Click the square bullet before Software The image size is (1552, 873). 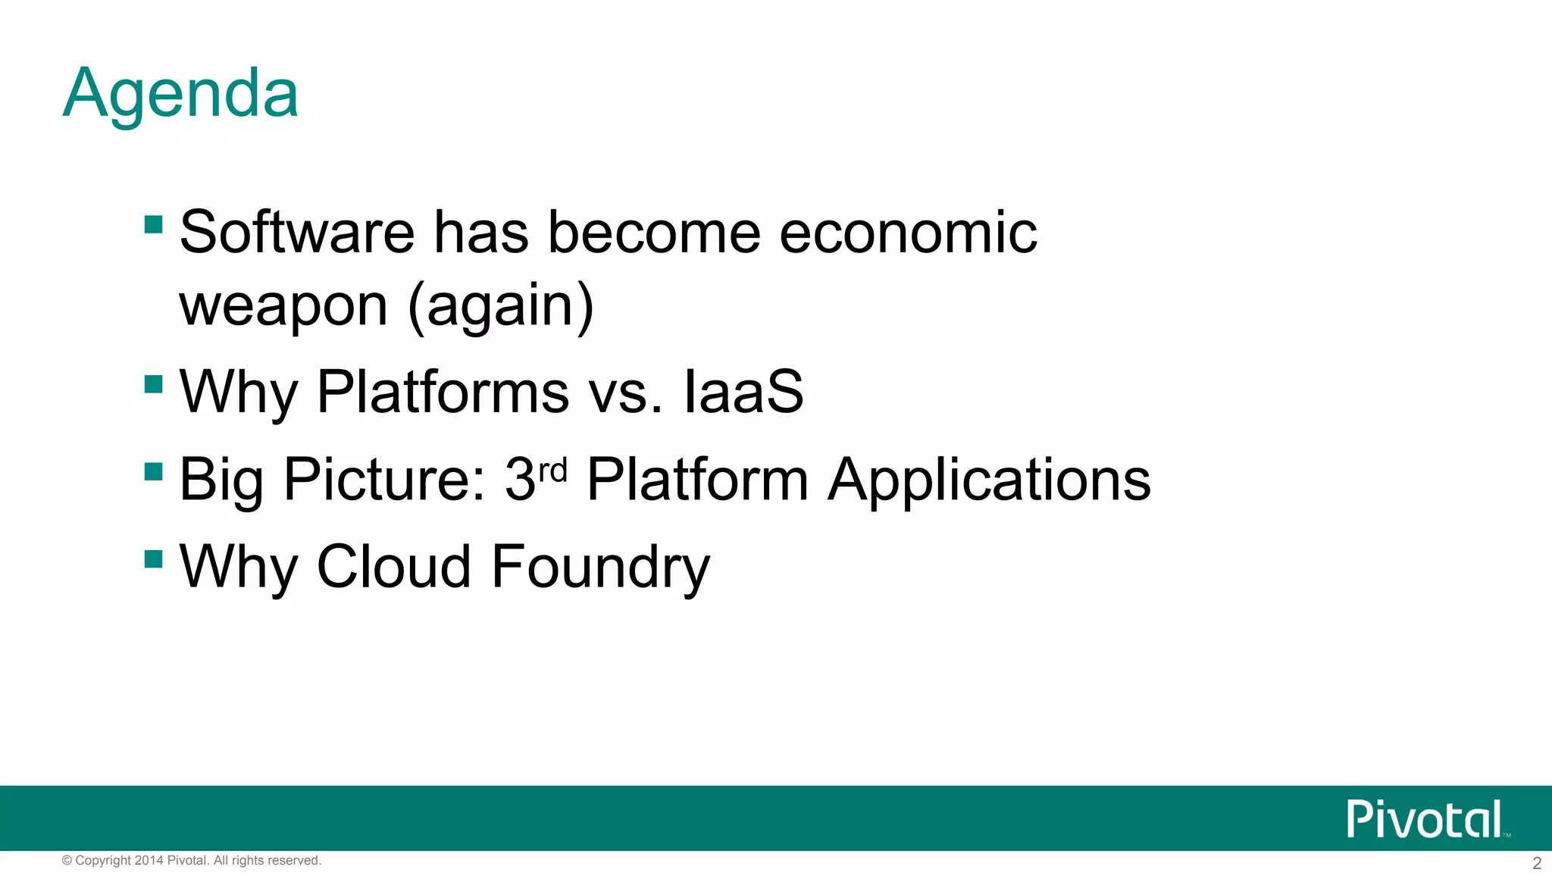pos(154,224)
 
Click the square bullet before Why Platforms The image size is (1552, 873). pos(154,384)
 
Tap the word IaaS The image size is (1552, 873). pos(743,392)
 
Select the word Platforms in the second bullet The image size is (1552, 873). pos(443,392)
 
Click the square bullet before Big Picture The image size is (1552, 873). pos(154,472)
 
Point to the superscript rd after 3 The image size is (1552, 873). pos(552,471)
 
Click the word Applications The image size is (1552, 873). pos(988,480)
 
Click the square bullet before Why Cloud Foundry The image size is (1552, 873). pos(154,559)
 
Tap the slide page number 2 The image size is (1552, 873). pos(1536,863)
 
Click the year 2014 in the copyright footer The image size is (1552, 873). pos(149,860)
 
